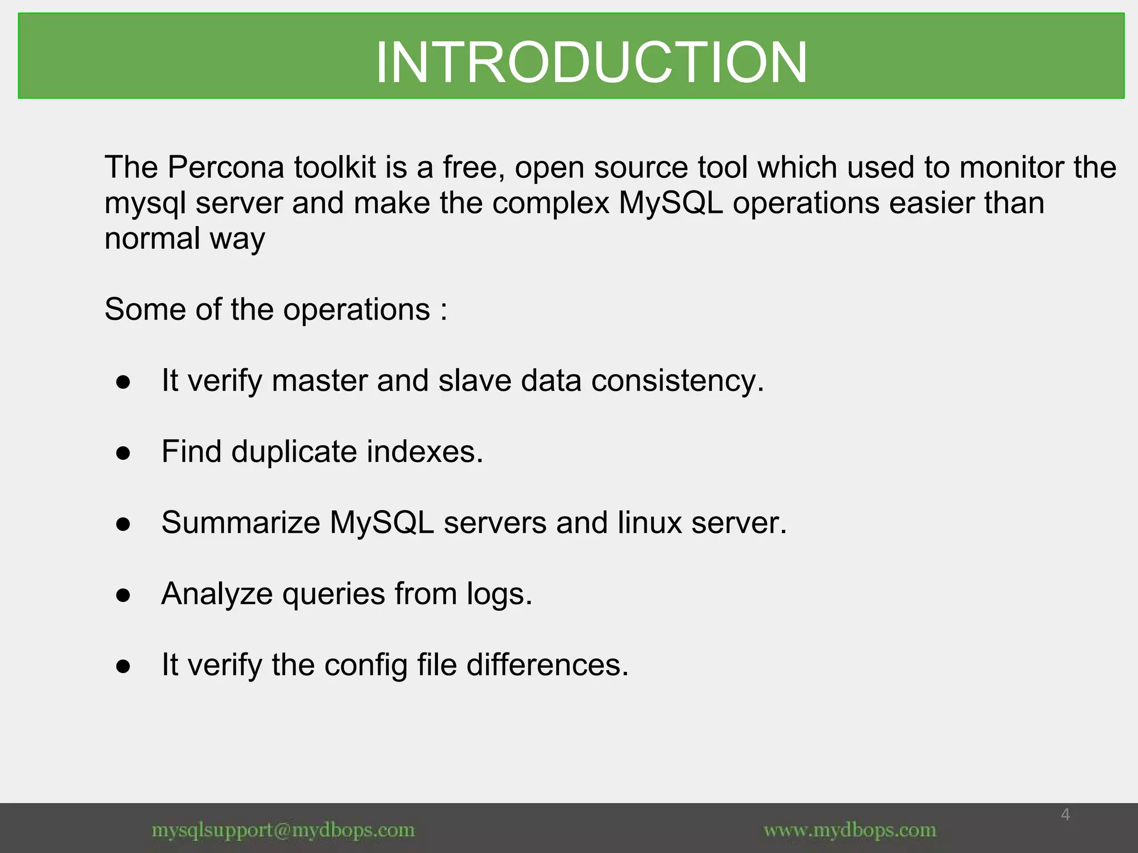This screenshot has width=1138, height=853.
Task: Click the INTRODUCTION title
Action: coord(591,62)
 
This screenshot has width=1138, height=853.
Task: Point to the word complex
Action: coord(551,203)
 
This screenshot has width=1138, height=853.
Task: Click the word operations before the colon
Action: coord(356,310)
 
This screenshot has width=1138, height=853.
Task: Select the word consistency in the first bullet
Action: coord(677,381)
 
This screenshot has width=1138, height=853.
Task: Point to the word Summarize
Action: coord(241,523)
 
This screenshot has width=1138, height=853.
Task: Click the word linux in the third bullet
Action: coord(649,523)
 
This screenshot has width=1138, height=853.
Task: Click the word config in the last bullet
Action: coord(366,665)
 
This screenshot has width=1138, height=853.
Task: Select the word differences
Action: coord(547,665)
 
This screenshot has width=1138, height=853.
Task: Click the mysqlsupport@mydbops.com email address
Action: coord(283,830)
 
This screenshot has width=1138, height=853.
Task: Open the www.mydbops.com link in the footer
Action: coord(850,830)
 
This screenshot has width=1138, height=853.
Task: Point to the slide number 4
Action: coord(1065,815)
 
